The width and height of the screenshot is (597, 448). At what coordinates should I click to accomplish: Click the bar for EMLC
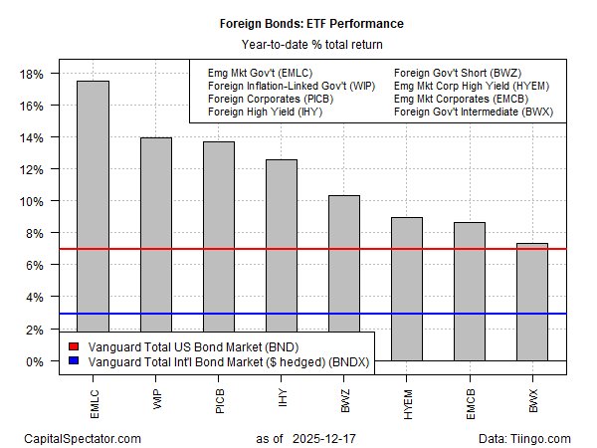(93, 219)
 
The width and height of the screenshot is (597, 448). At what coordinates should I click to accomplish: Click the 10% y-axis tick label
(34, 201)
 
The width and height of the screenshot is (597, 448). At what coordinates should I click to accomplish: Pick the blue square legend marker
(72, 362)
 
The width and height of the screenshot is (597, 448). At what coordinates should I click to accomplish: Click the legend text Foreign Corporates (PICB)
(269, 100)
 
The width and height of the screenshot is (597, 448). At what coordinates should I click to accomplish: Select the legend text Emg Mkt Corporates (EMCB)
(460, 100)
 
